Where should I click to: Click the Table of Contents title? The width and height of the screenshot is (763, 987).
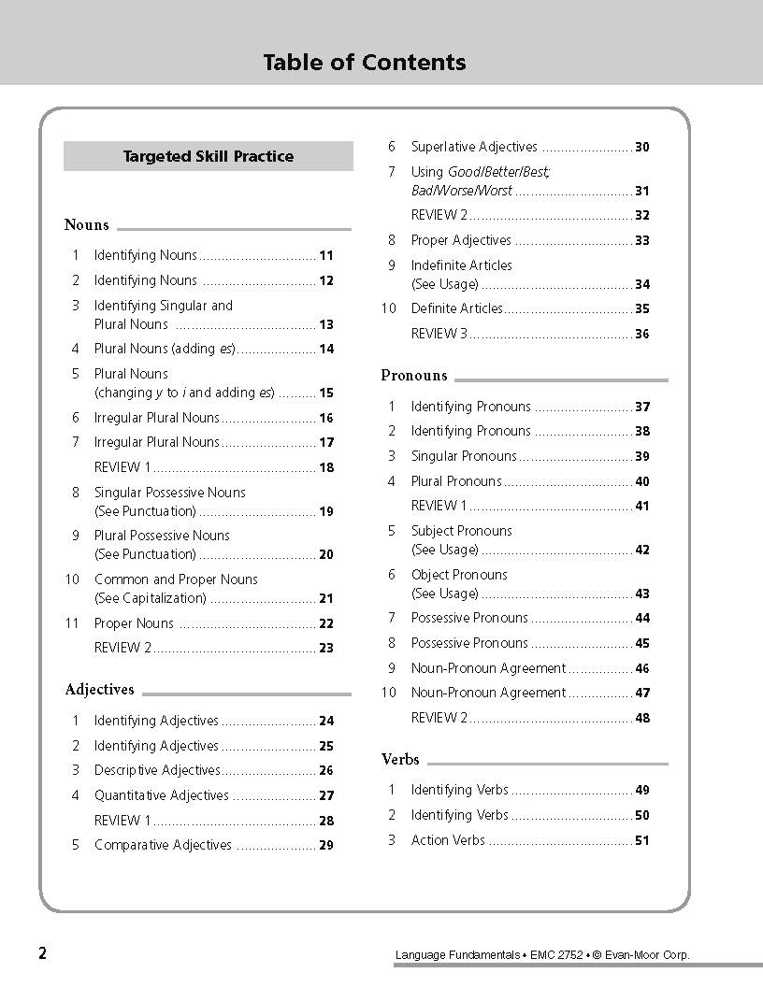click(x=365, y=63)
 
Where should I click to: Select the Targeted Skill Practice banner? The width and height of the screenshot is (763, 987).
click(x=208, y=156)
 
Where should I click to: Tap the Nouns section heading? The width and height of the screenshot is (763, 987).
click(x=87, y=224)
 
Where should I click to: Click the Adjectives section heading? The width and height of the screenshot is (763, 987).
click(x=99, y=690)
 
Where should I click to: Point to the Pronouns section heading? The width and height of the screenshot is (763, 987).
click(x=414, y=376)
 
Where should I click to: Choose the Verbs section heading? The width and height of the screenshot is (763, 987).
click(x=400, y=759)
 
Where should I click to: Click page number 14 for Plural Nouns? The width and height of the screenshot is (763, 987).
click(x=326, y=350)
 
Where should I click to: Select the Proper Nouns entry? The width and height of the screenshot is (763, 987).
click(x=134, y=623)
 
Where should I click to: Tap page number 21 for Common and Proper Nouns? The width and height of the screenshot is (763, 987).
click(x=326, y=599)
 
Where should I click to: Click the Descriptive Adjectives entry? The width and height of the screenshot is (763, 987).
click(x=157, y=770)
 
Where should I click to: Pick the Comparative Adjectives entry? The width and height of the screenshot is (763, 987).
click(x=163, y=845)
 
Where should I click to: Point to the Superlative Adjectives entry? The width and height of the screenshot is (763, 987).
click(x=474, y=147)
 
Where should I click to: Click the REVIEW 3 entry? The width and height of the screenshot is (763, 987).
click(x=434, y=334)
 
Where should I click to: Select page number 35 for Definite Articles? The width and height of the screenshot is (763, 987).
click(x=642, y=309)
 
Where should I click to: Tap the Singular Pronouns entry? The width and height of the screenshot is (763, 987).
click(x=464, y=456)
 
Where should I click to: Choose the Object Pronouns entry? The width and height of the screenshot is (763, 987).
click(x=459, y=575)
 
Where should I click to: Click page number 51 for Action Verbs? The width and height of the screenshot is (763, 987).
click(x=642, y=841)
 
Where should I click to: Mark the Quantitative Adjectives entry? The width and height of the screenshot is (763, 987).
click(x=161, y=795)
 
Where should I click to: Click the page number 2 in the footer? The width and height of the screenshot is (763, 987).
click(x=43, y=953)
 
